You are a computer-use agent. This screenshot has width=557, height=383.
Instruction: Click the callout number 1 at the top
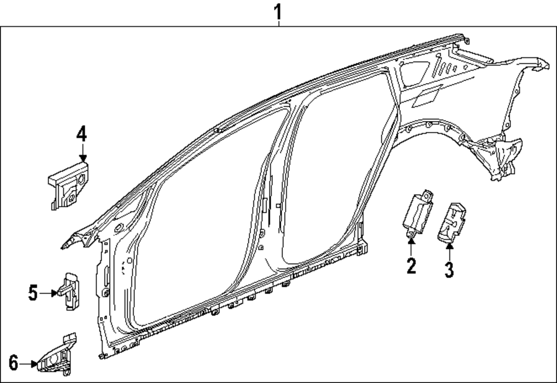click(278, 12)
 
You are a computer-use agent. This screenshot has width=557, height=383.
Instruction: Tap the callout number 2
click(411, 265)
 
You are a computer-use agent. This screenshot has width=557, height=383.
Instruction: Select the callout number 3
click(449, 269)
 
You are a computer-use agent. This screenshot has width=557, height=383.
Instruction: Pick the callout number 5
click(33, 293)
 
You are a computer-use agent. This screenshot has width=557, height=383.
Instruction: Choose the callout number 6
click(13, 363)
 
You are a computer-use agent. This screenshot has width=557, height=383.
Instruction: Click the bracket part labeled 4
click(69, 186)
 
